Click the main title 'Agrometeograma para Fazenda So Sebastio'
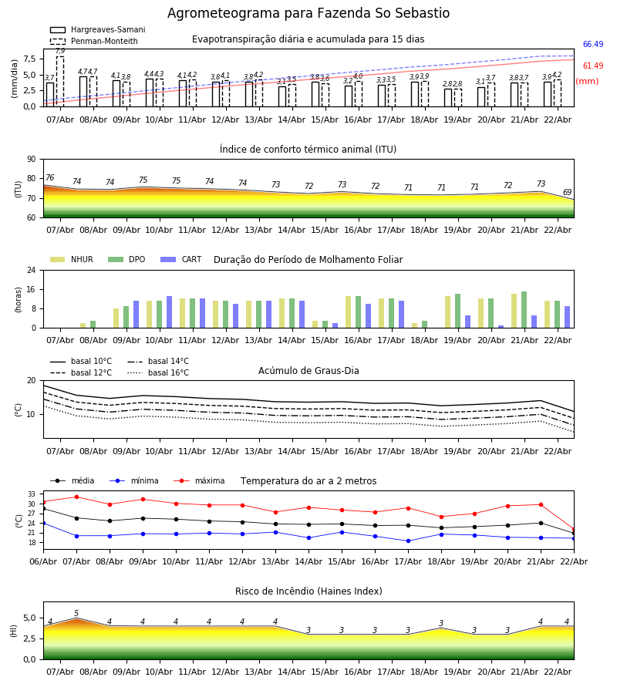click(x=308, y=14)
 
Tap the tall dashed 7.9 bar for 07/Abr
click(x=60, y=81)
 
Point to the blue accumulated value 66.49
click(x=593, y=45)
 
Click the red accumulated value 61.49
click(x=593, y=66)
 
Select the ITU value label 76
click(x=49, y=178)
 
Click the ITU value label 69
click(x=567, y=193)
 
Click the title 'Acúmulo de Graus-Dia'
click(x=308, y=371)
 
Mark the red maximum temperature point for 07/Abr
click(x=76, y=497)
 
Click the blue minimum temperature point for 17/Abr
click(x=408, y=541)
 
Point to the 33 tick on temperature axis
click(x=32, y=494)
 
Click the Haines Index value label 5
click(x=76, y=614)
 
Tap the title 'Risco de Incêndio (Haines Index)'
click(x=308, y=591)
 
